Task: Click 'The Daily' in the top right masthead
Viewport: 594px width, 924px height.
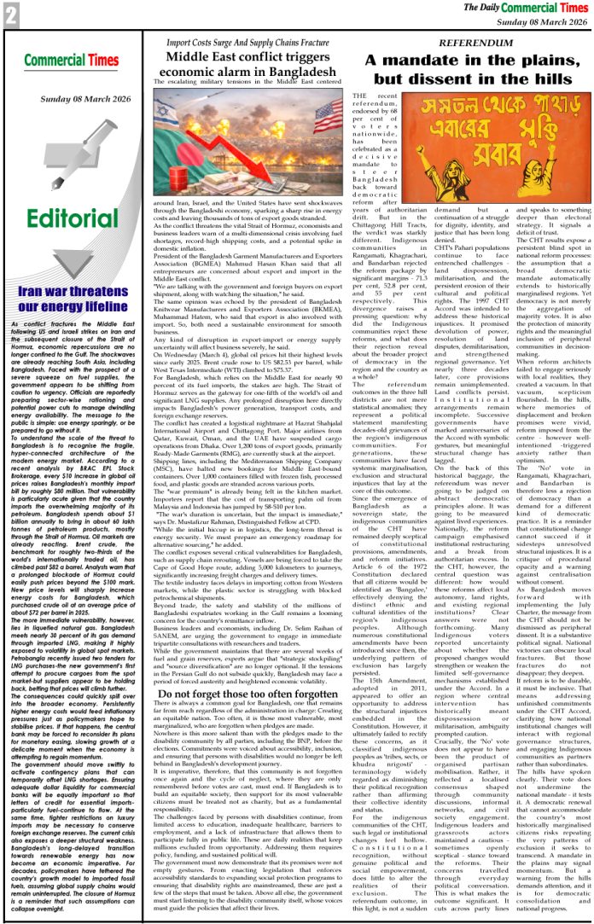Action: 481,8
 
